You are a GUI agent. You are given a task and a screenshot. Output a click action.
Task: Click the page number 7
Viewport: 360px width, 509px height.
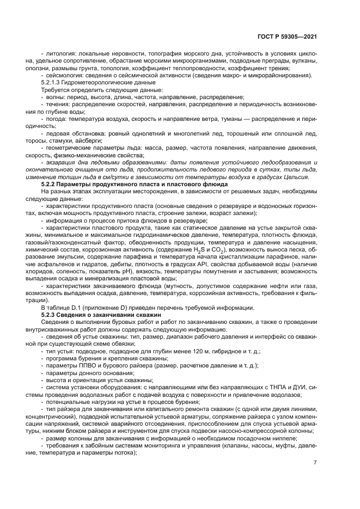[x=315, y=463]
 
